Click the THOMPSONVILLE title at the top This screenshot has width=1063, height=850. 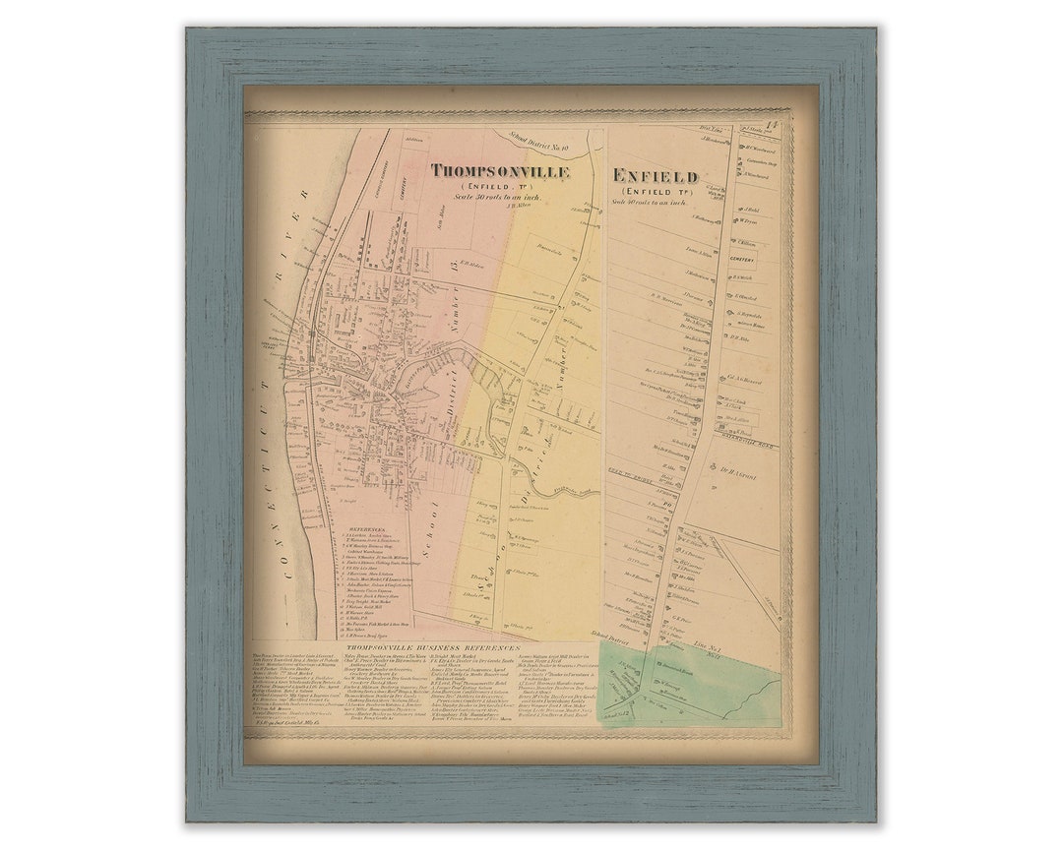pyautogui.click(x=500, y=171)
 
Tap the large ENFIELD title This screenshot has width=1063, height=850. pyautogui.click(x=655, y=176)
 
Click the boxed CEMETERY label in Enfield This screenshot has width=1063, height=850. pyautogui.click(x=742, y=261)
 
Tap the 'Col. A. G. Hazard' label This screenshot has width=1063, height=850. pyautogui.click(x=746, y=379)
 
